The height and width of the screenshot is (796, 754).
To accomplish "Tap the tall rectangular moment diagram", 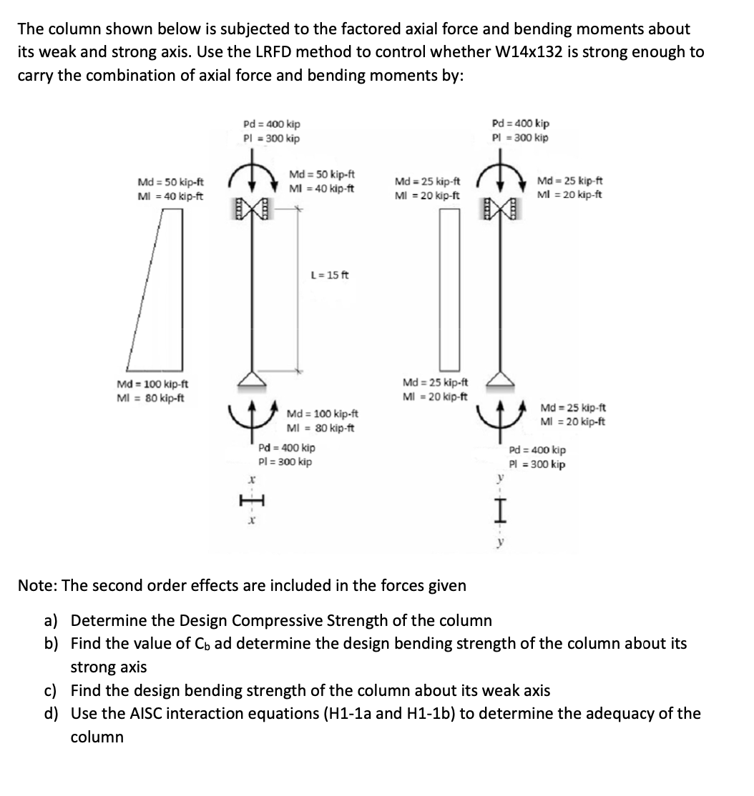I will [x=448, y=289].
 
